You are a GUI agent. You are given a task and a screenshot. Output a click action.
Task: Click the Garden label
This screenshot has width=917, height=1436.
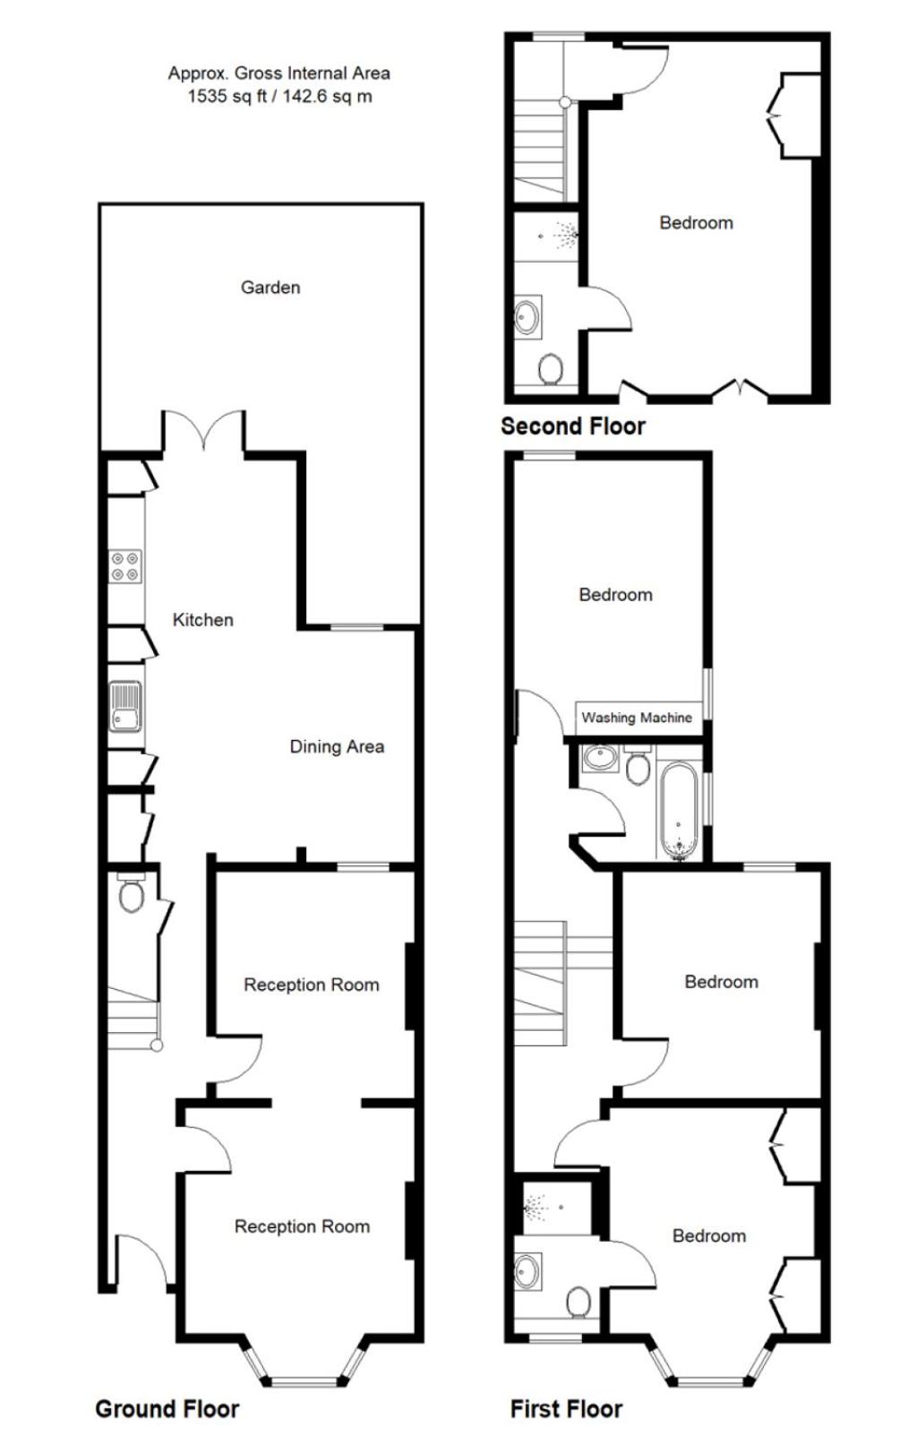[x=270, y=288]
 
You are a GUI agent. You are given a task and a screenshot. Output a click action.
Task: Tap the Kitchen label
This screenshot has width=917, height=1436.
[x=202, y=620]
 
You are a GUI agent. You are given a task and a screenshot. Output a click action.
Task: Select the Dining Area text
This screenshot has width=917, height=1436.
[x=337, y=746]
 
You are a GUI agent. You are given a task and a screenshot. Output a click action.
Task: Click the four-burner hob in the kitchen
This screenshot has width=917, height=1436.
[x=125, y=567]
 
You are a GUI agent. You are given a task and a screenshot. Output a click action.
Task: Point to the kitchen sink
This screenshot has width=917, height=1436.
[x=125, y=706]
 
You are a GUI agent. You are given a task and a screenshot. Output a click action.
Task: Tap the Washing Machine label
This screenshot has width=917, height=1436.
[x=637, y=718]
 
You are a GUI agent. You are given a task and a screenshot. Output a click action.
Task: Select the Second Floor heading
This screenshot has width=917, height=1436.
[x=573, y=426]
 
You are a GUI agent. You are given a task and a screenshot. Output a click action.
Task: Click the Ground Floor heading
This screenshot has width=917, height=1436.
[x=167, y=1408]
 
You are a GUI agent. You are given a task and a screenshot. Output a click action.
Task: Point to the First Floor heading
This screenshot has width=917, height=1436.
[x=566, y=1408]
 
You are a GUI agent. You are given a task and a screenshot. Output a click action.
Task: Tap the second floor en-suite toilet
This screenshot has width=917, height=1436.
[x=551, y=370]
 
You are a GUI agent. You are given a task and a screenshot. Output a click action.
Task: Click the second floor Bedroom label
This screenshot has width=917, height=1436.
[x=696, y=222]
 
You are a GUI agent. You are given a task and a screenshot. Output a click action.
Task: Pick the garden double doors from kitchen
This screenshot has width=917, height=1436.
[x=204, y=428]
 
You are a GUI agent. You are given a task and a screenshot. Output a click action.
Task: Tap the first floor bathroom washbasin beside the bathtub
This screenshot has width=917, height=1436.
[x=600, y=759]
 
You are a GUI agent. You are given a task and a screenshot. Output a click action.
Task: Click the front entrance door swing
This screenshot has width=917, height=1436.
[x=145, y=1260]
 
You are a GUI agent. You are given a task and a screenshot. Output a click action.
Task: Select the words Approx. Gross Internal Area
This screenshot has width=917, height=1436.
[x=279, y=73]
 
